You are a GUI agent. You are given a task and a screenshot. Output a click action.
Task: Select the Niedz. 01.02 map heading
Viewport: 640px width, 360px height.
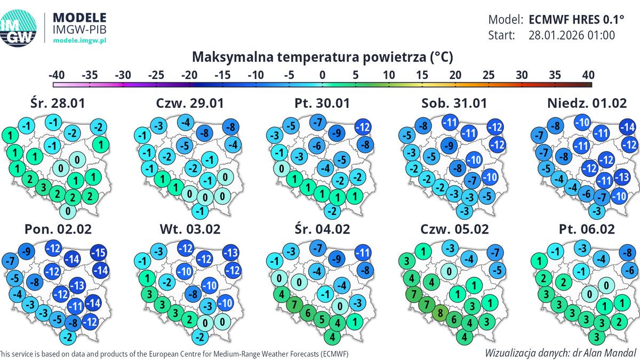point(587,103)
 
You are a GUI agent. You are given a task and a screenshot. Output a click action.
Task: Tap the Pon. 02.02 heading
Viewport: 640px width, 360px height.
point(58,229)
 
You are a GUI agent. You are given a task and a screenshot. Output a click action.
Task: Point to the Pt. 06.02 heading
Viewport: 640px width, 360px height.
point(587,229)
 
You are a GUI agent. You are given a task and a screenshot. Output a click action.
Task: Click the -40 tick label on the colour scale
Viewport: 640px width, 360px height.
point(57,74)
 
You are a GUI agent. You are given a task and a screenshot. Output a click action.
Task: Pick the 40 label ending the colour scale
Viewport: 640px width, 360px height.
point(588,74)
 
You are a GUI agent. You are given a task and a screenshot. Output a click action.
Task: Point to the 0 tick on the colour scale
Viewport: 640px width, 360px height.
point(322,74)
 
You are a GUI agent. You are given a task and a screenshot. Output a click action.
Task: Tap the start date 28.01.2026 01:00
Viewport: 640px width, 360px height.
point(572,36)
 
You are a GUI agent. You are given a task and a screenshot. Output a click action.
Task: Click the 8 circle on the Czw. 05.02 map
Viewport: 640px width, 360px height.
point(440,313)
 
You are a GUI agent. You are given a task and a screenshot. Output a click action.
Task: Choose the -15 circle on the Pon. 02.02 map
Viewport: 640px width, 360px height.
point(99,253)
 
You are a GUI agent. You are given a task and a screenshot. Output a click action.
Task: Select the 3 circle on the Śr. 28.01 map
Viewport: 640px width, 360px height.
point(44,187)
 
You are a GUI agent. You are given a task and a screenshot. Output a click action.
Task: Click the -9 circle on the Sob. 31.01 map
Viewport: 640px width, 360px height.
point(450,145)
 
